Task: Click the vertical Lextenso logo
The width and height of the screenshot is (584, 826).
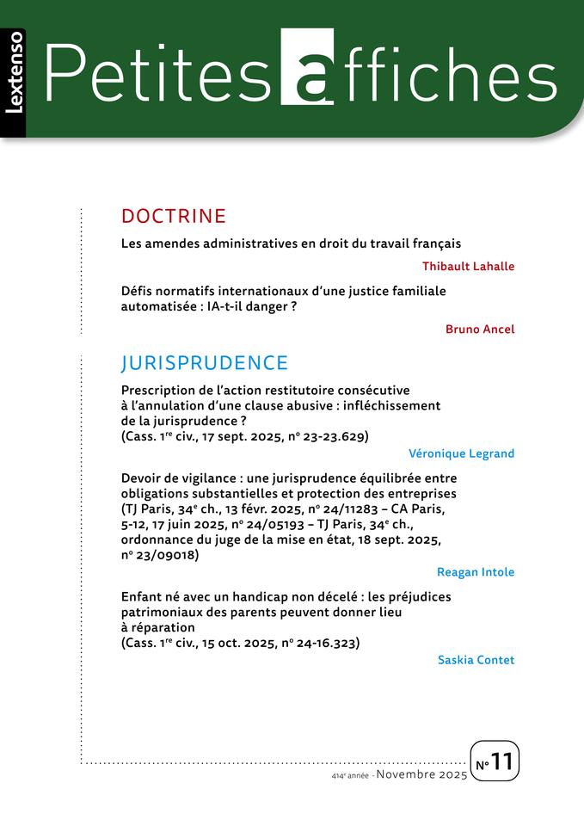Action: point(14,83)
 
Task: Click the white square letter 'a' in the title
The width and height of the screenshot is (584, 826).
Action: point(307,67)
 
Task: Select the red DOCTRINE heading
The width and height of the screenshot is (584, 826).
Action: point(174,215)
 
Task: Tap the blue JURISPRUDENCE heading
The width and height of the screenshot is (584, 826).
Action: point(205,362)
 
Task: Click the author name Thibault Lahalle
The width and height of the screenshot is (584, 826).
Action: point(468,266)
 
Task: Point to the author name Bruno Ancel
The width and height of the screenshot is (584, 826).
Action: point(480,329)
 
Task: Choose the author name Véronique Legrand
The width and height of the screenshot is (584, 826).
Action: point(462,453)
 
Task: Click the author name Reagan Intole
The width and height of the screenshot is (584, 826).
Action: point(476,572)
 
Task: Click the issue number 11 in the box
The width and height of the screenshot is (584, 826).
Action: point(502,761)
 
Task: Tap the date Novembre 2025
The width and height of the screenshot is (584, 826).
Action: point(421,775)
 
